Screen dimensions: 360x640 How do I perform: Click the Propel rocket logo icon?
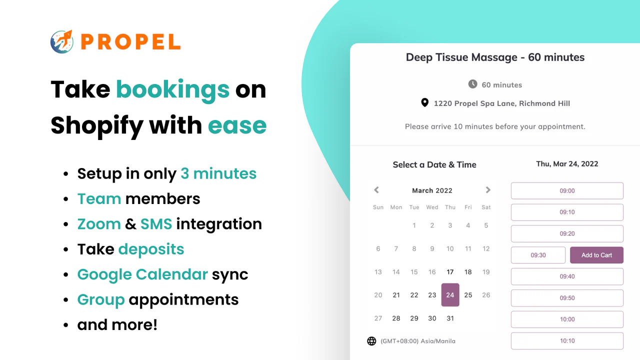tap(62, 41)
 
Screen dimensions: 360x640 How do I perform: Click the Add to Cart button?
tap(596, 255)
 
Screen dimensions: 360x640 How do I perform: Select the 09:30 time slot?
tap(538, 255)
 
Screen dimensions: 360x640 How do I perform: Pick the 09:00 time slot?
tap(567, 190)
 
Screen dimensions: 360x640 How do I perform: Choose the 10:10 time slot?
tap(567, 341)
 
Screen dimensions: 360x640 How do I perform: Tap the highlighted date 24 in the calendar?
tap(450, 295)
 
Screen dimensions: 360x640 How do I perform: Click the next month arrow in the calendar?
tap(488, 190)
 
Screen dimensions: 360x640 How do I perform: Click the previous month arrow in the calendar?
tap(376, 190)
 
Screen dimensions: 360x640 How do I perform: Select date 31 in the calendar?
tap(450, 318)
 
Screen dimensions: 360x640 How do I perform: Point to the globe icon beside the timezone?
tap(371, 341)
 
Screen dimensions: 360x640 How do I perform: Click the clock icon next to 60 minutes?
tap(472, 84)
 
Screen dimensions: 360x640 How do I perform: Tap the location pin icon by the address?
tap(424, 103)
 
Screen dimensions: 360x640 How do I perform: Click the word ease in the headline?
tap(237, 125)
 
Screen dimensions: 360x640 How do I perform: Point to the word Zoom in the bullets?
tap(99, 224)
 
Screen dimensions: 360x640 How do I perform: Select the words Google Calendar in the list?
tap(142, 274)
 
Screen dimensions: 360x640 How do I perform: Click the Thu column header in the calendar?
tap(450, 207)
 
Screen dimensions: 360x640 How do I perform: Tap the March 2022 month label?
tap(432, 190)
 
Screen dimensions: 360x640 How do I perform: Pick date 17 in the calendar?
tap(450, 272)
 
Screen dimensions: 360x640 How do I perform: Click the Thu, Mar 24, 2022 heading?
tap(567, 164)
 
